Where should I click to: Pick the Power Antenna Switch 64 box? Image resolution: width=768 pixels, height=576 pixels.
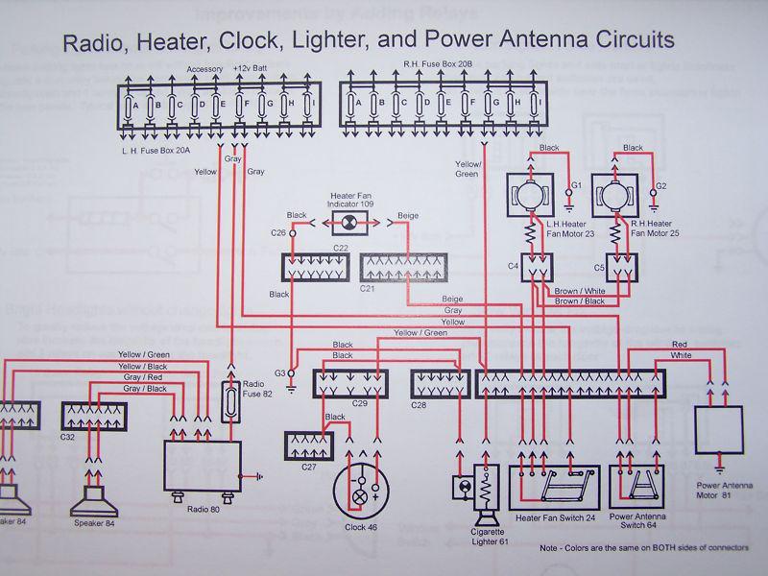(x=644, y=487)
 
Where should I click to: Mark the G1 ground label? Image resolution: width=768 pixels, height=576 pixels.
(x=577, y=183)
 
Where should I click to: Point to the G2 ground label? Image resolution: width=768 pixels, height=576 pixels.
(x=660, y=183)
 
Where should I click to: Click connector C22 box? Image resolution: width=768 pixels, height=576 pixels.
(x=313, y=268)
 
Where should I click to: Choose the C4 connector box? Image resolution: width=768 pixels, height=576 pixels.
(x=535, y=269)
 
